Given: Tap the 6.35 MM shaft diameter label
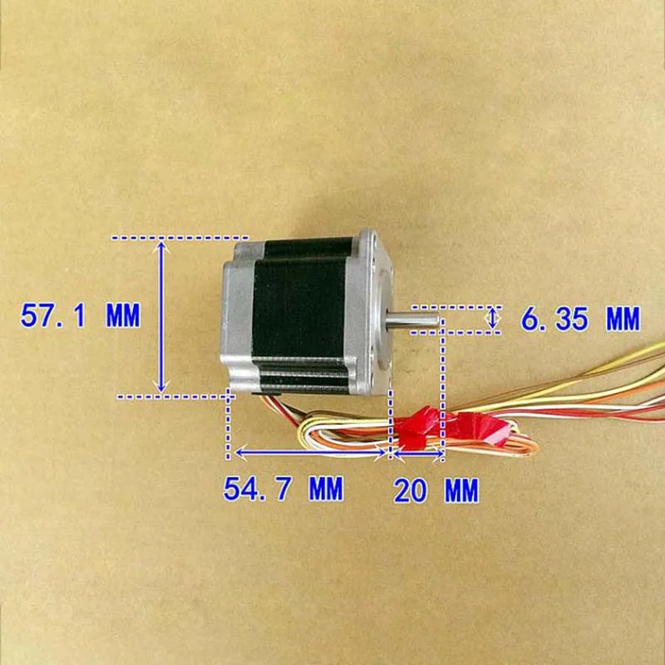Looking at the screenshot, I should tap(580, 318).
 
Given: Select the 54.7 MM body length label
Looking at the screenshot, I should tap(283, 489).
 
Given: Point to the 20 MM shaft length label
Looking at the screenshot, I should tap(436, 491).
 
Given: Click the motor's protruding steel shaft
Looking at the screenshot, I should tap(416, 317).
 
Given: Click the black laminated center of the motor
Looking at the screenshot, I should tap(299, 308).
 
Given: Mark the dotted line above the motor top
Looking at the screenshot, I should tap(180, 238).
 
